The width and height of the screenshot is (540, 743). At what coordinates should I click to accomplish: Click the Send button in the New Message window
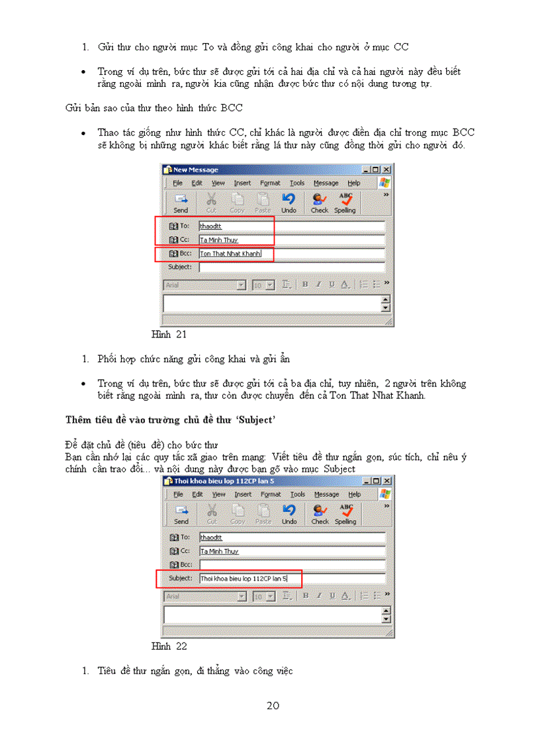point(181,202)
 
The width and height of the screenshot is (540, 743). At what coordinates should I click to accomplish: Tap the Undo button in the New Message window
point(289,202)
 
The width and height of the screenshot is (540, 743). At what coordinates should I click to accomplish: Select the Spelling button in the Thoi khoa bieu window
point(345,513)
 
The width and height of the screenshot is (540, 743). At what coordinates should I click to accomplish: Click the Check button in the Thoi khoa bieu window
point(320,513)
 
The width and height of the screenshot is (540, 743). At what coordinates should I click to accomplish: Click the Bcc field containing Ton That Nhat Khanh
point(291,253)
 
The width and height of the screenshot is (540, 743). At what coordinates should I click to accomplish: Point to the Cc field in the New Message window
point(291,240)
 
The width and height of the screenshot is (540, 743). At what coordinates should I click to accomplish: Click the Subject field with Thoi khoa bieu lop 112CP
point(291,578)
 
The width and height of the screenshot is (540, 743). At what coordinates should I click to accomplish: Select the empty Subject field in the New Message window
point(291,267)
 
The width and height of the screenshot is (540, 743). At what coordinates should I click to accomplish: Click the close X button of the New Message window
point(387,170)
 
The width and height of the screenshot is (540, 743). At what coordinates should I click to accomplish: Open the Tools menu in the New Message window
point(297,183)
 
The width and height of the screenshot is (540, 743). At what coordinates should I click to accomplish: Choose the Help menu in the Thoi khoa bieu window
point(354,494)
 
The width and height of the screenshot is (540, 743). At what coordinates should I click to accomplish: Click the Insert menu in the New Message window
point(242,183)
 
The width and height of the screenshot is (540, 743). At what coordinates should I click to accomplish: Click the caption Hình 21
point(169,335)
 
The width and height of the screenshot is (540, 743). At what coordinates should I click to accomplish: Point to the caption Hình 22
point(169,646)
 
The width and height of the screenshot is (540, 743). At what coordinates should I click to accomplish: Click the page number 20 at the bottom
point(273,706)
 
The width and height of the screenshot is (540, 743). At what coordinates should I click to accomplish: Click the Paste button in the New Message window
point(263,202)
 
